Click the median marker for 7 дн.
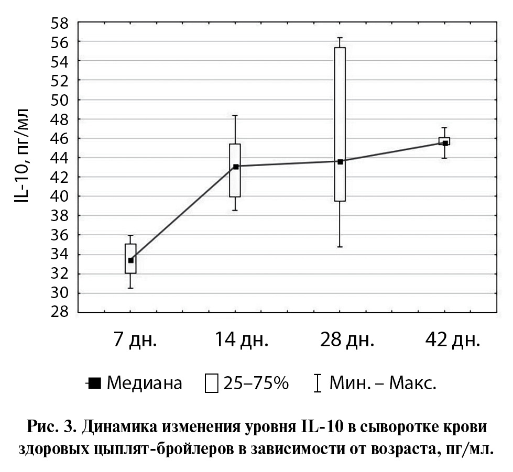(130, 260)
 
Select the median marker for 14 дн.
(235, 167)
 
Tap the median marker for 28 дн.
(340, 162)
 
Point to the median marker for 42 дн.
(445, 143)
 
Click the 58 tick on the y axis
(61, 22)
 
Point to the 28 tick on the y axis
(61, 313)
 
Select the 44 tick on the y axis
(61, 158)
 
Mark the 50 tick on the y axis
(61, 100)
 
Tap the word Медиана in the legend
(145, 383)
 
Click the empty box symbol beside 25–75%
(212, 383)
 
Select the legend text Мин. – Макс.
(383, 383)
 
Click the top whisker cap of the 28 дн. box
(340, 38)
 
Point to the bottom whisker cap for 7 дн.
(130, 288)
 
